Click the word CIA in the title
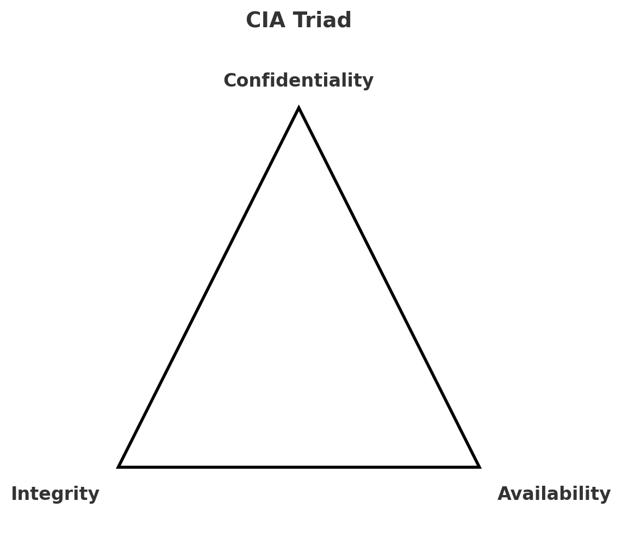(265, 21)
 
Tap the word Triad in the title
(322, 21)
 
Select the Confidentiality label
(298, 81)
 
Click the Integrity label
(55, 494)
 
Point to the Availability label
(553, 494)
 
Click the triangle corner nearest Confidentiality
(298, 109)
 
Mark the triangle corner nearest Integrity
(120, 466)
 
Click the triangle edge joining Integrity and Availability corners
(298, 467)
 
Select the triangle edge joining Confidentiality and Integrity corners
(209, 288)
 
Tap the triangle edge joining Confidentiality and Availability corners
(389, 288)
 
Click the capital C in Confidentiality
(230, 81)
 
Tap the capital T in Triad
(300, 21)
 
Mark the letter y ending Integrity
(94, 495)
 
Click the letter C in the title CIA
(253, 21)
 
